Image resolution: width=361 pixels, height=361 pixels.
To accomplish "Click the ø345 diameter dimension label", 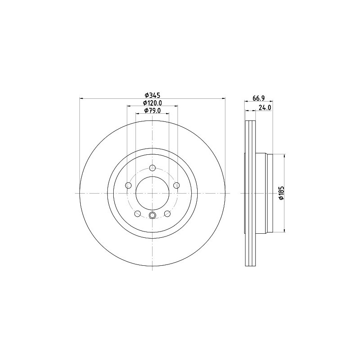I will pyautogui.click(x=153, y=95).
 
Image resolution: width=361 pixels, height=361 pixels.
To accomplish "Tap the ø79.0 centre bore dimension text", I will pyautogui.click(x=153, y=111).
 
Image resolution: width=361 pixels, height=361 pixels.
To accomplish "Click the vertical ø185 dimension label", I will pyautogui.click(x=281, y=193).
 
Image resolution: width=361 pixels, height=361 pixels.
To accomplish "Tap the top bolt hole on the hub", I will pyautogui.click(x=153, y=168).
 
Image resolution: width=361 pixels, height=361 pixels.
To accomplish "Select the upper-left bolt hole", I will pyautogui.click(x=129, y=185).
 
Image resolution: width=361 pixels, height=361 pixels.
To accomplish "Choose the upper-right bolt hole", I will pyautogui.click(x=176, y=185).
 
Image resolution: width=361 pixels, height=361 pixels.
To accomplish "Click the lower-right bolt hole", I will pyautogui.click(x=167, y=213).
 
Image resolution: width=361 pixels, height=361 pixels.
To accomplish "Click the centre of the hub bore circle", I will pyautogui.click(x=153, y=193).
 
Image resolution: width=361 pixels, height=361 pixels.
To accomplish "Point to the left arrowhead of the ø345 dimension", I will pyautogui.click(x=81, y=98).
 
